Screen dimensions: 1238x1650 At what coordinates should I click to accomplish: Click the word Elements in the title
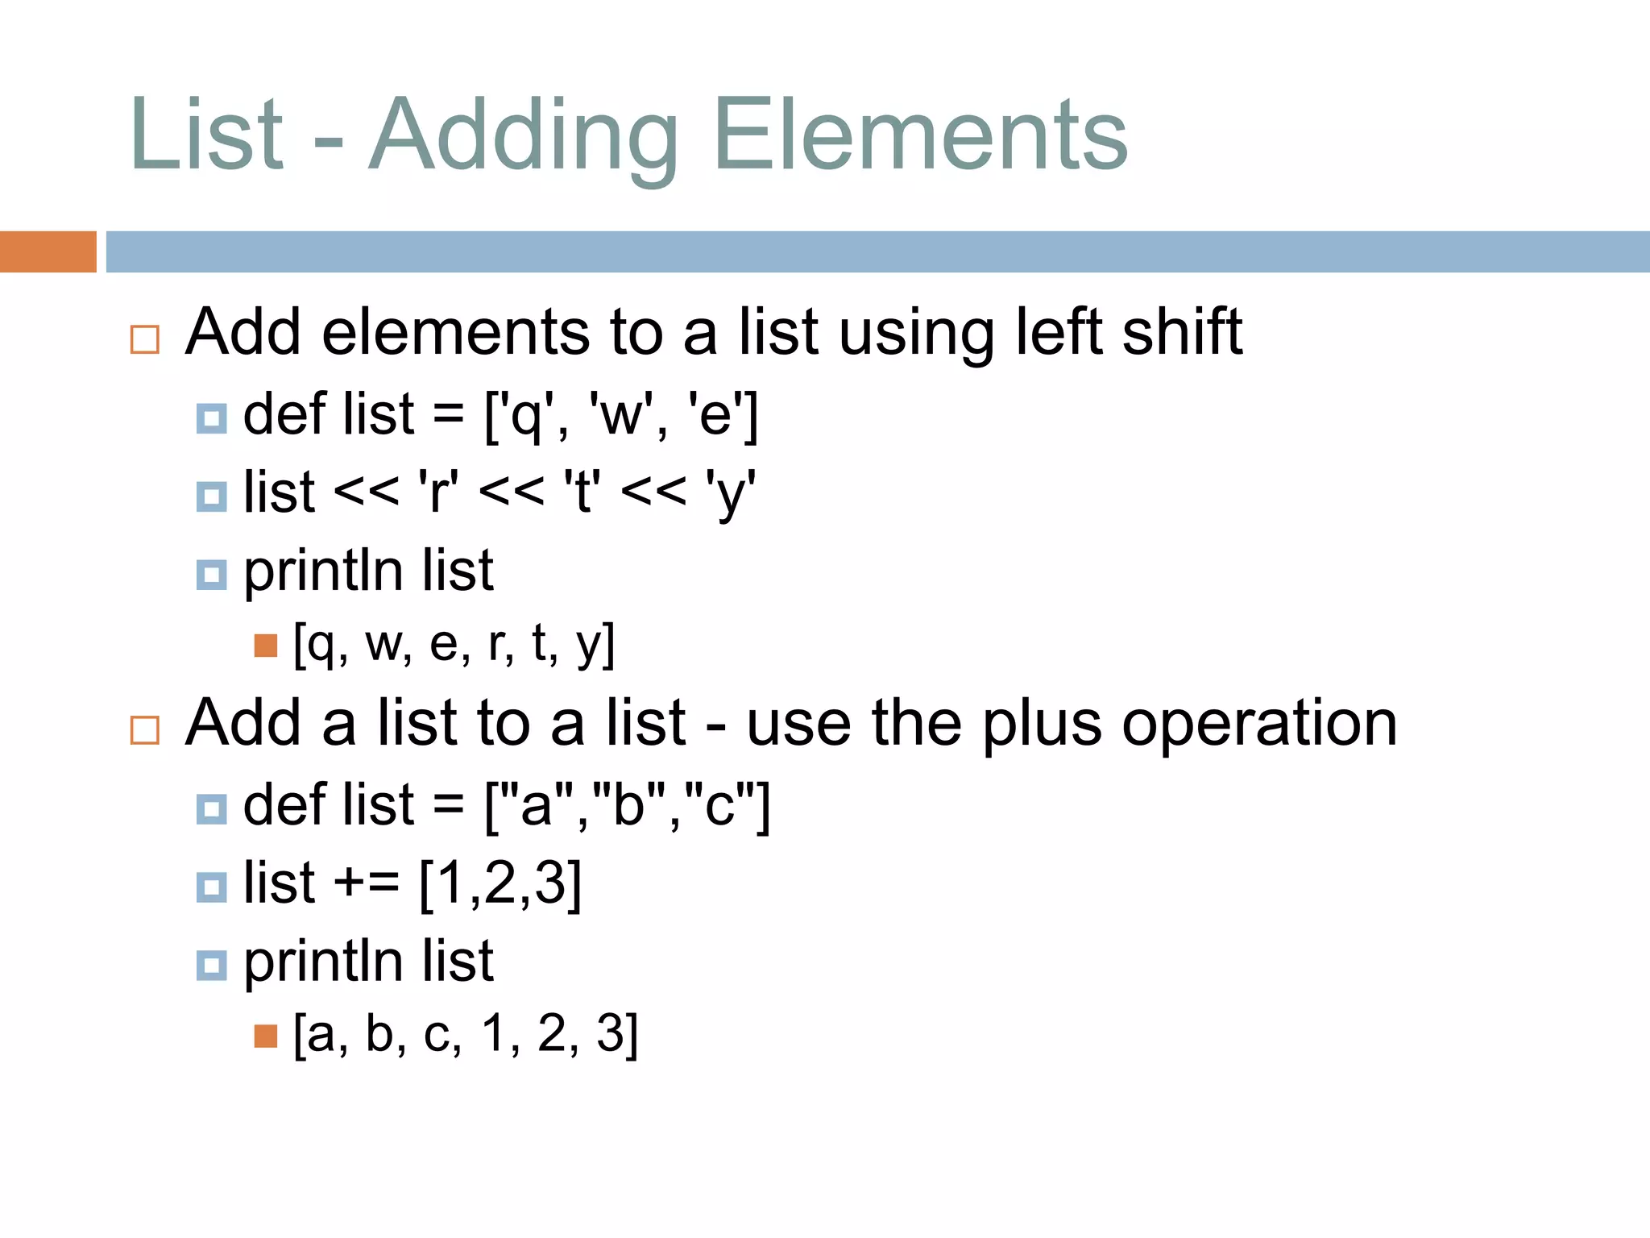pyautogui.click(x=920, y=135)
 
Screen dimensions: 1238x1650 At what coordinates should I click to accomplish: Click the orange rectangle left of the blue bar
pyautogui.click(x=48, y=251)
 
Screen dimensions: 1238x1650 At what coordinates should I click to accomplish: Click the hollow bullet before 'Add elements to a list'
pyautogui.click(x=145, y=339)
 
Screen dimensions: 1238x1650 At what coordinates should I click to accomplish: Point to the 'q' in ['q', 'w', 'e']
pyautogui.click(x=525, y=417)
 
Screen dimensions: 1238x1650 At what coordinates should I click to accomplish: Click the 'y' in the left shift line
pyautogui.click(x=730, y=493)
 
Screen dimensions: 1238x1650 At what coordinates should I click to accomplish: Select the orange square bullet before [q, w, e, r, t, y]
pyautogui.click(x=265, y=646)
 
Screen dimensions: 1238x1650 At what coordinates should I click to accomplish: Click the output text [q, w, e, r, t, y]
pyautogui.click(x=454, y=644)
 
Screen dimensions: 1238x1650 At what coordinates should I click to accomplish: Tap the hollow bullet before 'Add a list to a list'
pyautogui.click(x=145, y=730)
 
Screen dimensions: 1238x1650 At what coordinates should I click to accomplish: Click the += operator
pyautogui.click(x=367, y=882)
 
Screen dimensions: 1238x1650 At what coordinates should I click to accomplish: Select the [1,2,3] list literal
pyautogui.click(x=500, y=883)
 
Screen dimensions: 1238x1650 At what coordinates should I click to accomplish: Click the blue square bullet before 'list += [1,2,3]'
pyautogui.click(x=211, y=887)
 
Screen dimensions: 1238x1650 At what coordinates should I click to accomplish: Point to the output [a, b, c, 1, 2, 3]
pyautogui.click(x=466, y=1034)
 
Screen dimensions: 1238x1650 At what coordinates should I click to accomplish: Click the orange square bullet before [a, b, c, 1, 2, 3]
pyautogui.click(x=265, y=1036)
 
